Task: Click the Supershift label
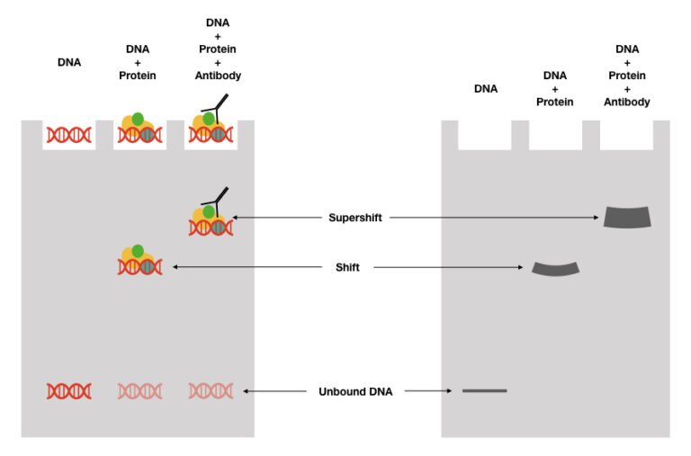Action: (x=355, y=218)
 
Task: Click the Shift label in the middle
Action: (x=346, y=267)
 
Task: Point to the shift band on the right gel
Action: (x=556, y=267)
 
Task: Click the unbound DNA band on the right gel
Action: (x=484, y=390)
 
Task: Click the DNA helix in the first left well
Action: (x=69, y=135)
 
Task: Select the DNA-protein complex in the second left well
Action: (x=139, y=130)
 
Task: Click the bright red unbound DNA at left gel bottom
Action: (x=69, y=391)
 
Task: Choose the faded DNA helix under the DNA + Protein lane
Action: (x=139, y=391)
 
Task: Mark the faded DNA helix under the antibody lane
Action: (x=211, y=391)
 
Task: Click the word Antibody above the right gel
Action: (x=627, y=102)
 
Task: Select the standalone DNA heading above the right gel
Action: (x=485, y=88)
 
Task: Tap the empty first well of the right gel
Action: (x=485, y=135)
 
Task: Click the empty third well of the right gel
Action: (x=626, y=135)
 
